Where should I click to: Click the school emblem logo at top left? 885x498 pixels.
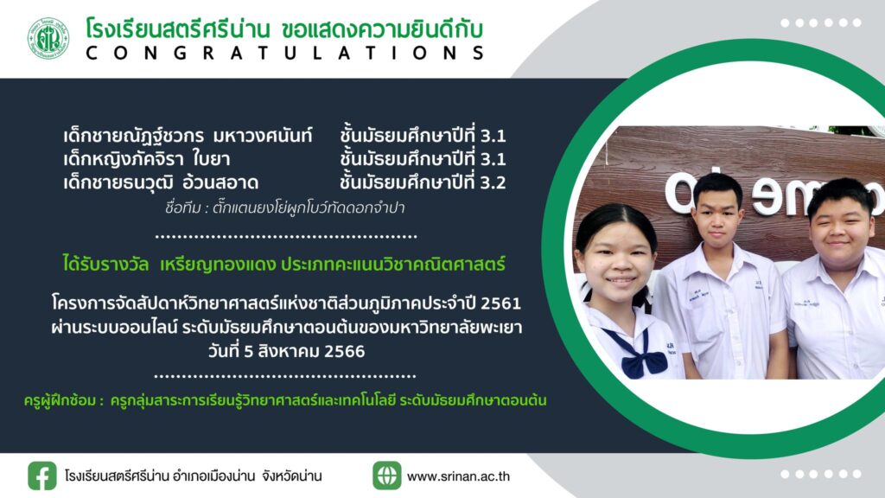(48, 38)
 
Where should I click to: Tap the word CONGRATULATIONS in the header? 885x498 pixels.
(285, 53)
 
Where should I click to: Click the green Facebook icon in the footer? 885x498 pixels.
(42, 476)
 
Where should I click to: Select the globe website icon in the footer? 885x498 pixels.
(386, 476)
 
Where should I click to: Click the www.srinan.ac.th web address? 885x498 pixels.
(458, 476)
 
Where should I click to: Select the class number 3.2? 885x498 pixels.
(493, 182)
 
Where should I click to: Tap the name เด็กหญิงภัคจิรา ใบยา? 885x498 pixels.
(147, 159)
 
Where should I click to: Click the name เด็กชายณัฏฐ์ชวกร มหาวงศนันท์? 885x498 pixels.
(188, 136)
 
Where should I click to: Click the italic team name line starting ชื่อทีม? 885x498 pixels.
(285, 207)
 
